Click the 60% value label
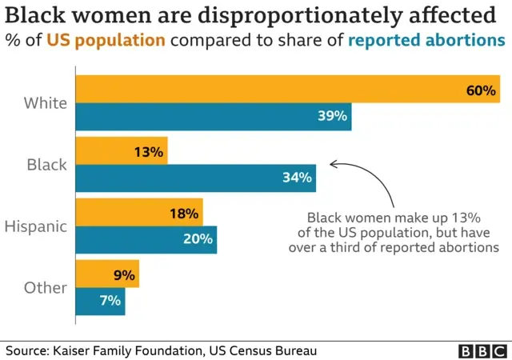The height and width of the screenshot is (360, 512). [x=482, y=90]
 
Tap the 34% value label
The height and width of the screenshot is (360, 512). [x=297, y=178]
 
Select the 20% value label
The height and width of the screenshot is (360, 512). [x=198, y=239]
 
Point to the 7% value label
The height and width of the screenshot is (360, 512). [x=110, y=301]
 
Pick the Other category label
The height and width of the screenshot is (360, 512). [x=46, y=287]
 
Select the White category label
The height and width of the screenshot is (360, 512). [x=46, y=102]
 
